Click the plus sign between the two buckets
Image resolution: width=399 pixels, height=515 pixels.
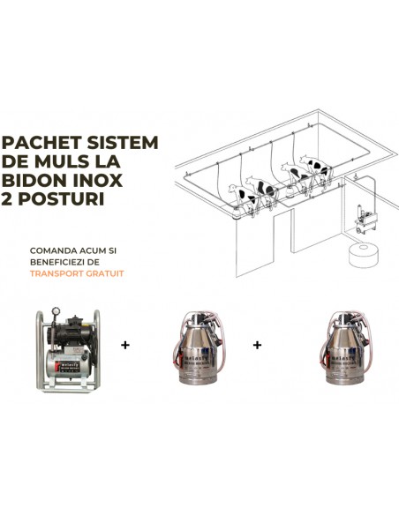coord(258,345)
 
